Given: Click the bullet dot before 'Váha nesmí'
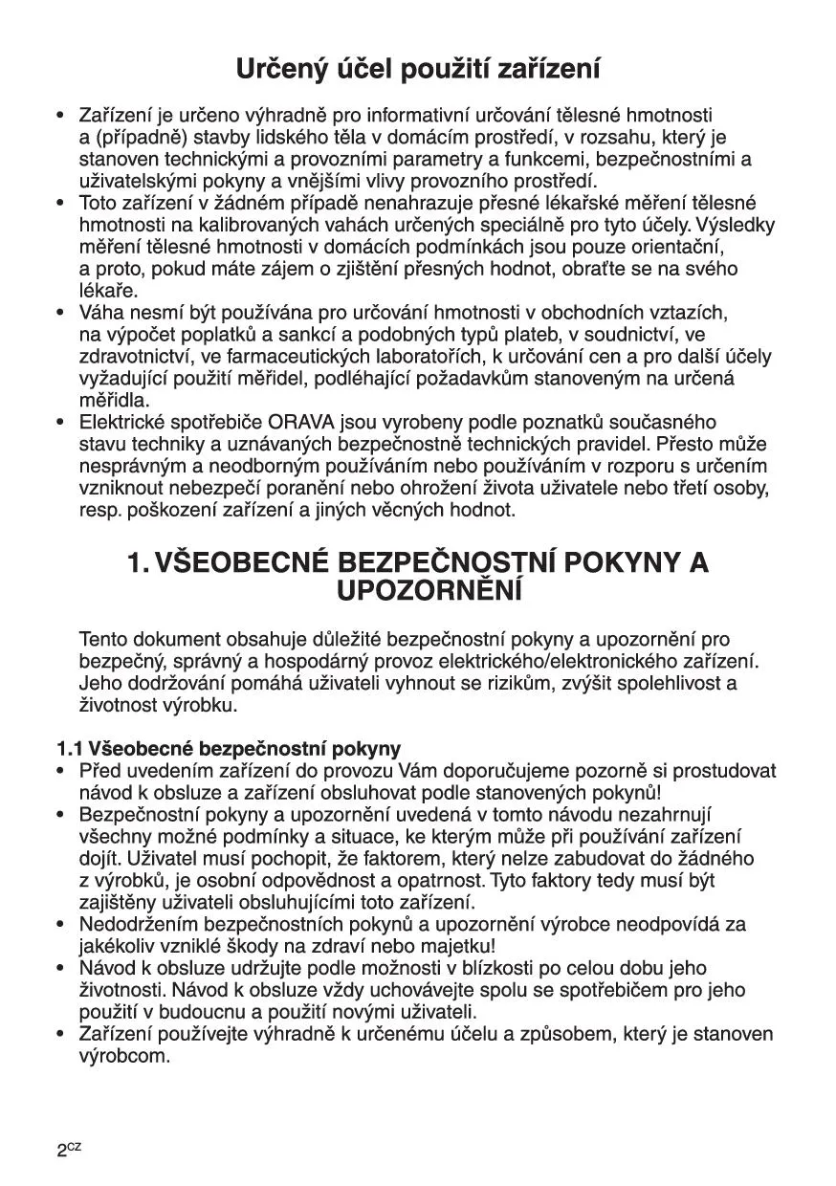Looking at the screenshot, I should (x=60, y=313).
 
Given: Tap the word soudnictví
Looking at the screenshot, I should (x=625, y=335).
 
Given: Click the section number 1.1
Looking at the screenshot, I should (x=69, y=748).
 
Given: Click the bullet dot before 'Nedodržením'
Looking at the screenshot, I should (x=60, y=925).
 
